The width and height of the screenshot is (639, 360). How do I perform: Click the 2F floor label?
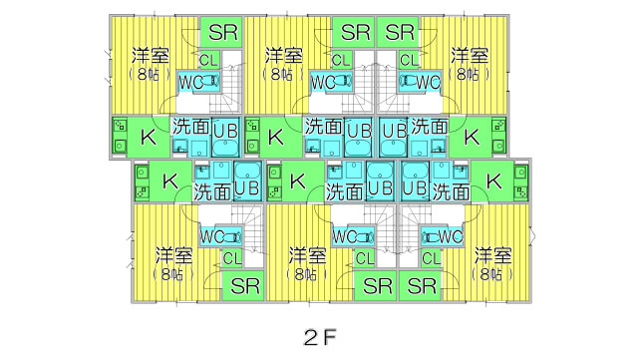(x=319, y=333)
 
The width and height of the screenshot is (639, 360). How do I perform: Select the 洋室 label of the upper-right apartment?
(x=469, y=54)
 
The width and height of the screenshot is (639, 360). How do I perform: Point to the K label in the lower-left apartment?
(x=169, y=180)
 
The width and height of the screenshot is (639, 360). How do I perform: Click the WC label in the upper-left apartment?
(x=191, y=82)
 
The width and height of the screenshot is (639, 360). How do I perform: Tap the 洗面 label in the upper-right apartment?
(x=429, y=127)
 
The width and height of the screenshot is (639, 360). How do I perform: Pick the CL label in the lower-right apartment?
(x=430, y=258)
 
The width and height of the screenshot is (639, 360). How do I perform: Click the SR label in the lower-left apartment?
(x=245, y=287)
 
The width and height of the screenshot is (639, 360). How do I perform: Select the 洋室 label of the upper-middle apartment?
(x=284, y=54)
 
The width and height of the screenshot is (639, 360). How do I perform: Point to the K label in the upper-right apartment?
(x=472, y=136)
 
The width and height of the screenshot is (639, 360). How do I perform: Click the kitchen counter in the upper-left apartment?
(x=120, y=136)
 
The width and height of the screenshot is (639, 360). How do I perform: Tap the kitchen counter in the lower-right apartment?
(x=519, y=181)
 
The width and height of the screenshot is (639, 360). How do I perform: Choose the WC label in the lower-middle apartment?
(x=345, y=237)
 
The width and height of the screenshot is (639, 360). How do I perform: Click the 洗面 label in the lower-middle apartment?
(x=345, y=187)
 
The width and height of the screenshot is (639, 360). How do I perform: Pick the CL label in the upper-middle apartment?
(x=341, y=60)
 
